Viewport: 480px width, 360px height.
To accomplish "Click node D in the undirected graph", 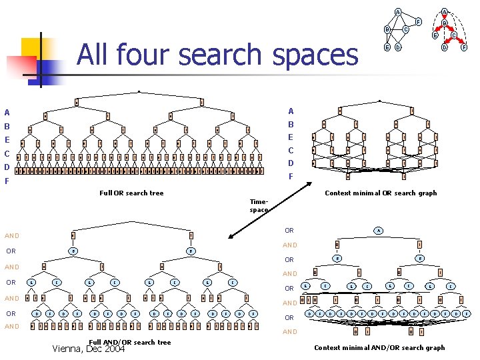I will click(397, 47).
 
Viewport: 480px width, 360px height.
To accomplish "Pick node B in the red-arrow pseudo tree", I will click(444, 23).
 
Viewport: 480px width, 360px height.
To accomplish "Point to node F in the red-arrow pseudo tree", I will click(464, 47).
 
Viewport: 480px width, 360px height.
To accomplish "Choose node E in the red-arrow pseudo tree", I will click(435, 35).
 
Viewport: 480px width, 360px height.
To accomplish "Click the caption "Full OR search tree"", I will click(131, 193).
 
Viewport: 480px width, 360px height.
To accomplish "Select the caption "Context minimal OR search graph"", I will click(380, 193).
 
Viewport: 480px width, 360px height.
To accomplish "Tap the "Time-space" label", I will click(259, 205).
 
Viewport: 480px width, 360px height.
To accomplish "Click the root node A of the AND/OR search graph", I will click(378, 231).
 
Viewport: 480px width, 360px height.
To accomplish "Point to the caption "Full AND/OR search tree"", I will click(129, 342).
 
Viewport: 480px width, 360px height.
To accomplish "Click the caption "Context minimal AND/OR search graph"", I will click(379, 347).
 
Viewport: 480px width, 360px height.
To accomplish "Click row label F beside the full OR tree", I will click(7, 181).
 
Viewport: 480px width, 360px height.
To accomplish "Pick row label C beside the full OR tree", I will click(7, 153).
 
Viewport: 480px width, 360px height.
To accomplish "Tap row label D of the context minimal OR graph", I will click(291, 163).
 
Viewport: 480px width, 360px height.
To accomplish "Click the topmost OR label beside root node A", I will click(289, 231).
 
